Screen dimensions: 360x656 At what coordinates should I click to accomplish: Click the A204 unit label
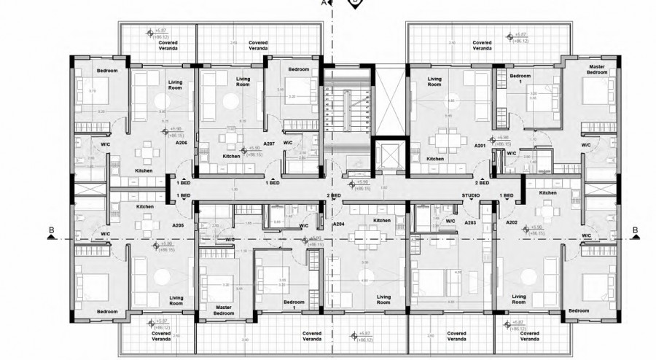(x=338, y=225)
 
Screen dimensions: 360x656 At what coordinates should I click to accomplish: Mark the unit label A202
(x=512, y=221)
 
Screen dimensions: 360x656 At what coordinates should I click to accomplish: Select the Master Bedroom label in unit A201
(x=597, y=70)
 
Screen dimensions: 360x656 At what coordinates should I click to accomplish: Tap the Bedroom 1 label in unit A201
(x=520, y=79)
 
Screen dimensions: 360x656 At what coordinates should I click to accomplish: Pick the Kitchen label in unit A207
(x=231, y=156)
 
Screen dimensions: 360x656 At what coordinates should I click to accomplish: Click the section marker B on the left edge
(x=51, y=232)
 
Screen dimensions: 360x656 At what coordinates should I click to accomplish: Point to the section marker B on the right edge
(x=635, y=232)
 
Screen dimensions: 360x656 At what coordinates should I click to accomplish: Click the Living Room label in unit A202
(x=518, y=298)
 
